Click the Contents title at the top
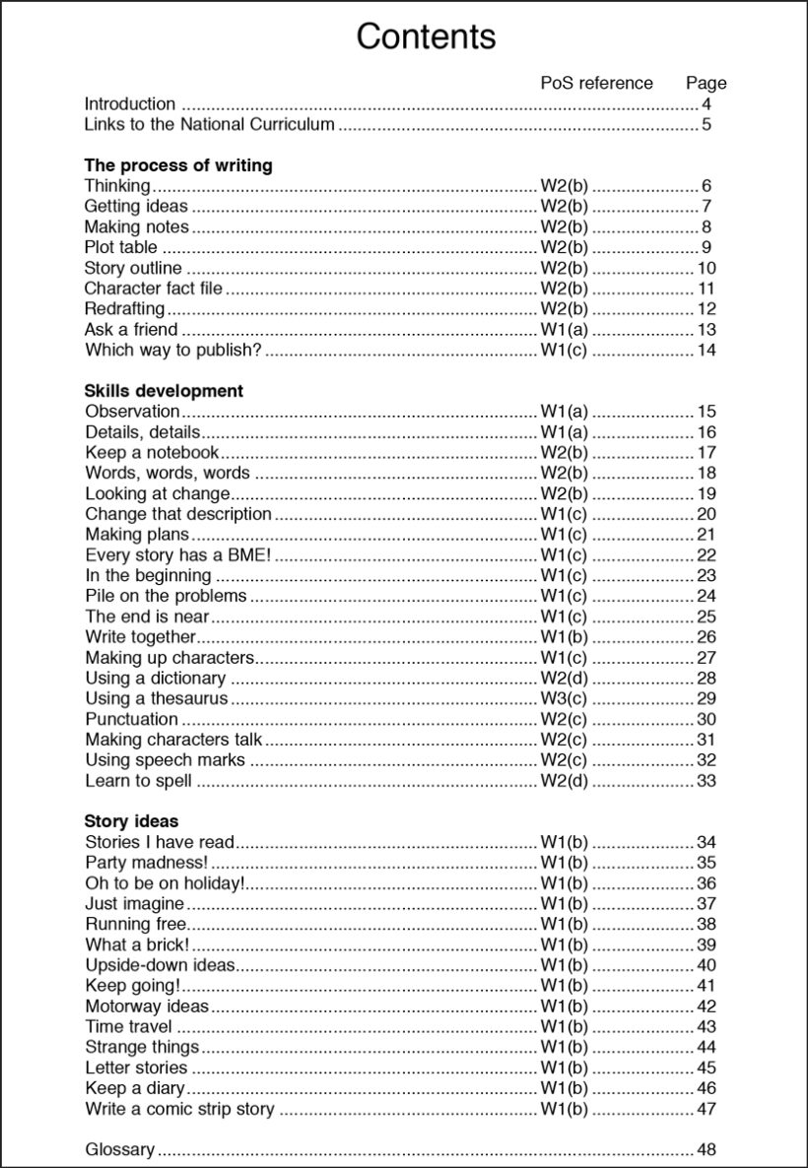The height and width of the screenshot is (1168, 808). (x=426, y=36)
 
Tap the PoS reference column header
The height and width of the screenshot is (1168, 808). (x=596, y=83)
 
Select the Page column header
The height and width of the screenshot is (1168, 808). (x=706, y=83)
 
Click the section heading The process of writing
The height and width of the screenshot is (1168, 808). (x=178, y=165)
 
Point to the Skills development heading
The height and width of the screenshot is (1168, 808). (x=164, y=391)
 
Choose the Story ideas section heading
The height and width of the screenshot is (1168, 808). (x=131, y=821)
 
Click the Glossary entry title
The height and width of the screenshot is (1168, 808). (x=119, y=1149)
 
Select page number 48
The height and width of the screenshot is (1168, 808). (x=706, y=1149)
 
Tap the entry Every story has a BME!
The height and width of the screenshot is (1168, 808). (x=177, y=555)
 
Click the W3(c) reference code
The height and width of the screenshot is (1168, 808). (x=564, y=698)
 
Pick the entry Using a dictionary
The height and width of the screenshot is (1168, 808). (x=155, y=679)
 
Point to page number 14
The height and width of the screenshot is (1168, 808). (x=706, y=351)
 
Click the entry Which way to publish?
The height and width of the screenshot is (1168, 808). (x=173, y=351)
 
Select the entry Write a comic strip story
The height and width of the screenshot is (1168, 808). (x=179, y=1109)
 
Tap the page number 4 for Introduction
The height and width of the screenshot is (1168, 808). (x=707, y=104)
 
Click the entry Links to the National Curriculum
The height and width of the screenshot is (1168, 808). (x=209, y=125)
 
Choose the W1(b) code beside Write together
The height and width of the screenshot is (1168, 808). (x=564, y=637)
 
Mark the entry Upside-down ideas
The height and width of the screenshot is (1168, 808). (x=160, y=965)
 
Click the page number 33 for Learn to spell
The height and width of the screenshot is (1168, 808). (x=706, y=781)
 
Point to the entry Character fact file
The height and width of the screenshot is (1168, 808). (x=153, y=289)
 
